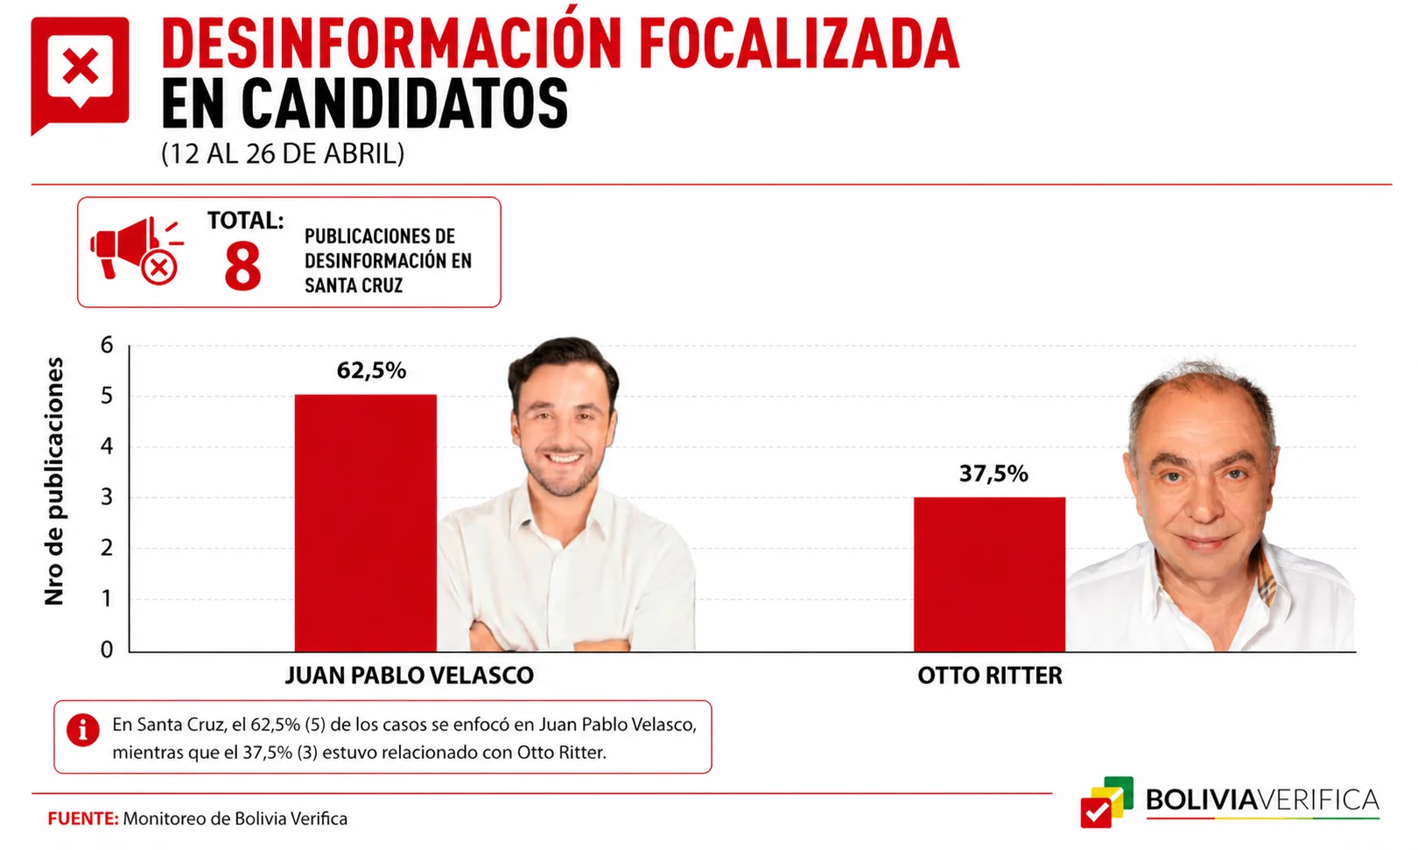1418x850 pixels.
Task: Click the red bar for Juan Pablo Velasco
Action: (x=365, y=523)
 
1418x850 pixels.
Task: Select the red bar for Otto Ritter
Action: (x=989, y=574)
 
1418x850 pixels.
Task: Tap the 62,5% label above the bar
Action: (x=371, y=370)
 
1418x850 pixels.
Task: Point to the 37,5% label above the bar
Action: (x=993, y=474)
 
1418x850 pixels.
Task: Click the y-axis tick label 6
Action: (x=107, y=345)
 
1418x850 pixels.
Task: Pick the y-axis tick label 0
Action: (x=107, y=650)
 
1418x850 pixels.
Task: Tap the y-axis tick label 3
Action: (x=107, y=497)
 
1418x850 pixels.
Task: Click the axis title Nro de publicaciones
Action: (x=54, y=481)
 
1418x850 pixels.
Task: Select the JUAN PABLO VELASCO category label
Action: (x=409, y=675)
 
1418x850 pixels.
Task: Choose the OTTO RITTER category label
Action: (x=990, y=675)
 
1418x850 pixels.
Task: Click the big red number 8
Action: (x=242, y=266)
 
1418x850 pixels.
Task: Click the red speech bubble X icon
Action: (x=80, y=74)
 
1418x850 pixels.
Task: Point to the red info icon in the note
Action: (x=83, y=730)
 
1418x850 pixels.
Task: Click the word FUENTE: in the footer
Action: (x=83, y=818)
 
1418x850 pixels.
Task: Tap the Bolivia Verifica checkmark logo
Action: (x=1106, y=802)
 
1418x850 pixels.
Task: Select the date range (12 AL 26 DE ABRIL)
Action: (x=283, y=154)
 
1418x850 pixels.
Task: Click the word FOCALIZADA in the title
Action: (x=799, y=43)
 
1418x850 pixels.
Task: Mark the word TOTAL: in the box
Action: (x=246, y=221)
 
